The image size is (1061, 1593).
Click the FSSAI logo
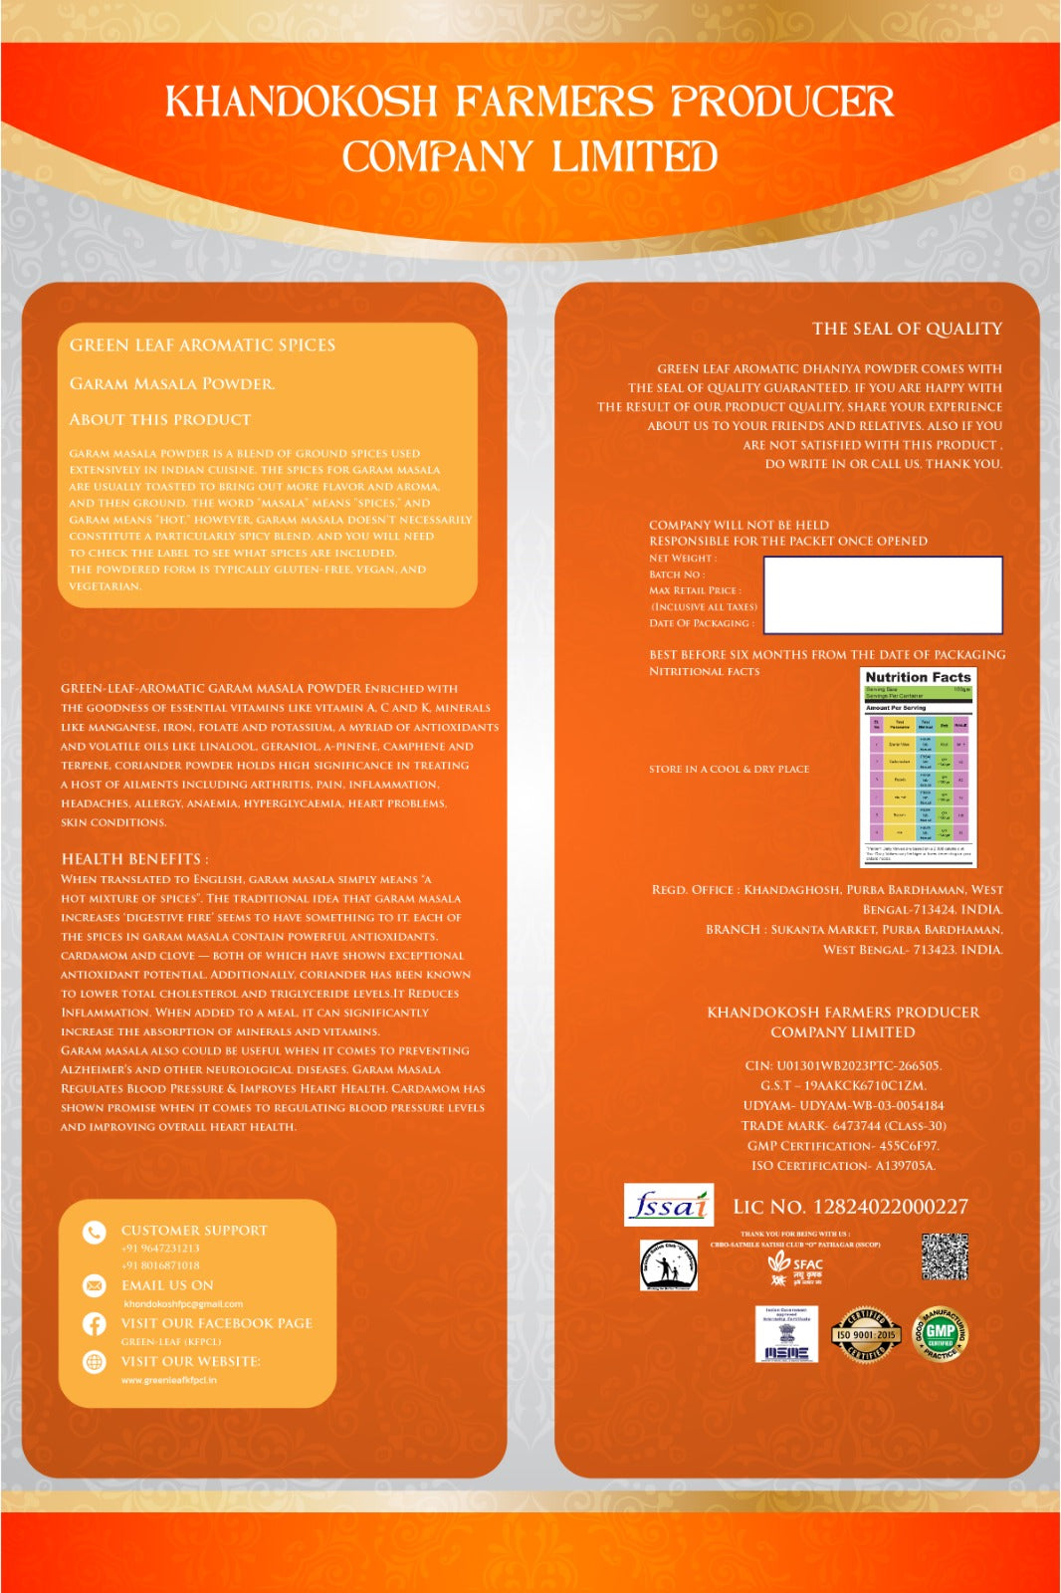(x=669, y=1205)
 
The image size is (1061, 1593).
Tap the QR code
(x=945, y=1256)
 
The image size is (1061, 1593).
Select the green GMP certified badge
(x=941, y=1334)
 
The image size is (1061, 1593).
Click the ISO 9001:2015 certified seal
(x=866, y=1334)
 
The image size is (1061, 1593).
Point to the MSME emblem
(x=786, y=1334)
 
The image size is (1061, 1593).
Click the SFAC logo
(x=796, y=1268)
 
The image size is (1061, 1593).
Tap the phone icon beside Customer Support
(x=95, y=1233)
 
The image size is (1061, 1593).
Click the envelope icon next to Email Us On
(x=95, y=1285)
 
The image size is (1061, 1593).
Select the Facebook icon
(x=95, y=1324)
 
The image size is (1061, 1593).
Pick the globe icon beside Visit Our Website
(x=95, y=1362)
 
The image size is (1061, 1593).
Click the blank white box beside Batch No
(x=882, y=594)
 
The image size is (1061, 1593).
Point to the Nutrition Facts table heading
(x=918, y=677)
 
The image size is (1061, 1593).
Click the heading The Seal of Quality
(x=907, y=329)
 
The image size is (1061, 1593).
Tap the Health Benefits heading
(x=134, y=858)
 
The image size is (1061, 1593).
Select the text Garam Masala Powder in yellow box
(x=172, y=383)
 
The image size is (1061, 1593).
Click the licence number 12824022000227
(x=890, y=1207)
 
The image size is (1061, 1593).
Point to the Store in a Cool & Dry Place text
(x=729, y=769)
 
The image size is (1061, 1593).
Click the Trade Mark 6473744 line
(x=843, y=1125)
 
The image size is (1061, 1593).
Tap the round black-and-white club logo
(x=668, y=1265)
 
